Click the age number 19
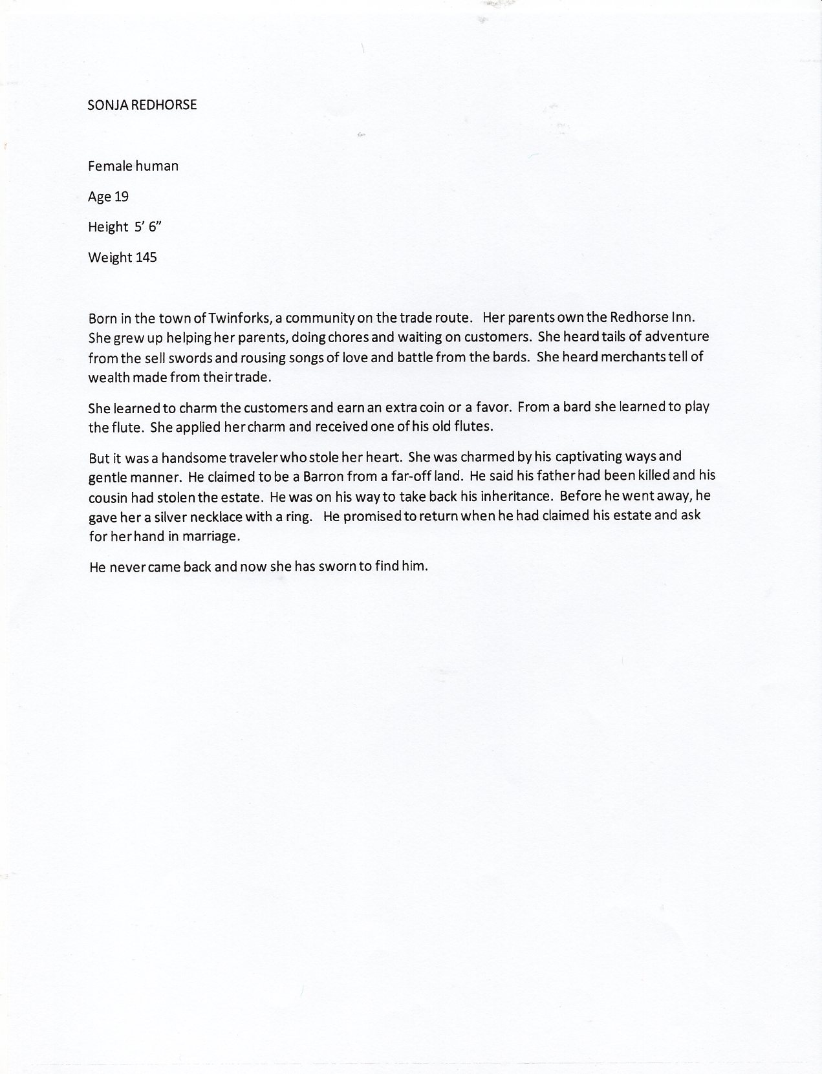coord(122,197)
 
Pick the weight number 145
coord(146,257)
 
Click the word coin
coord(420,408)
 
